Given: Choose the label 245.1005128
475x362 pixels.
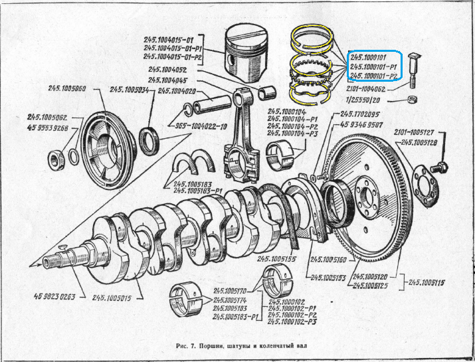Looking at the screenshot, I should pyautogui.click(x=423, y=143).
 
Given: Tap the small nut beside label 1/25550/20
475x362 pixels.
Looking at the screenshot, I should pyautogui.click(x=413, y=100).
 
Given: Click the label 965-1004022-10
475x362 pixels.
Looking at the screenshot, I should pyautogui.click(x=201, y=125).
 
